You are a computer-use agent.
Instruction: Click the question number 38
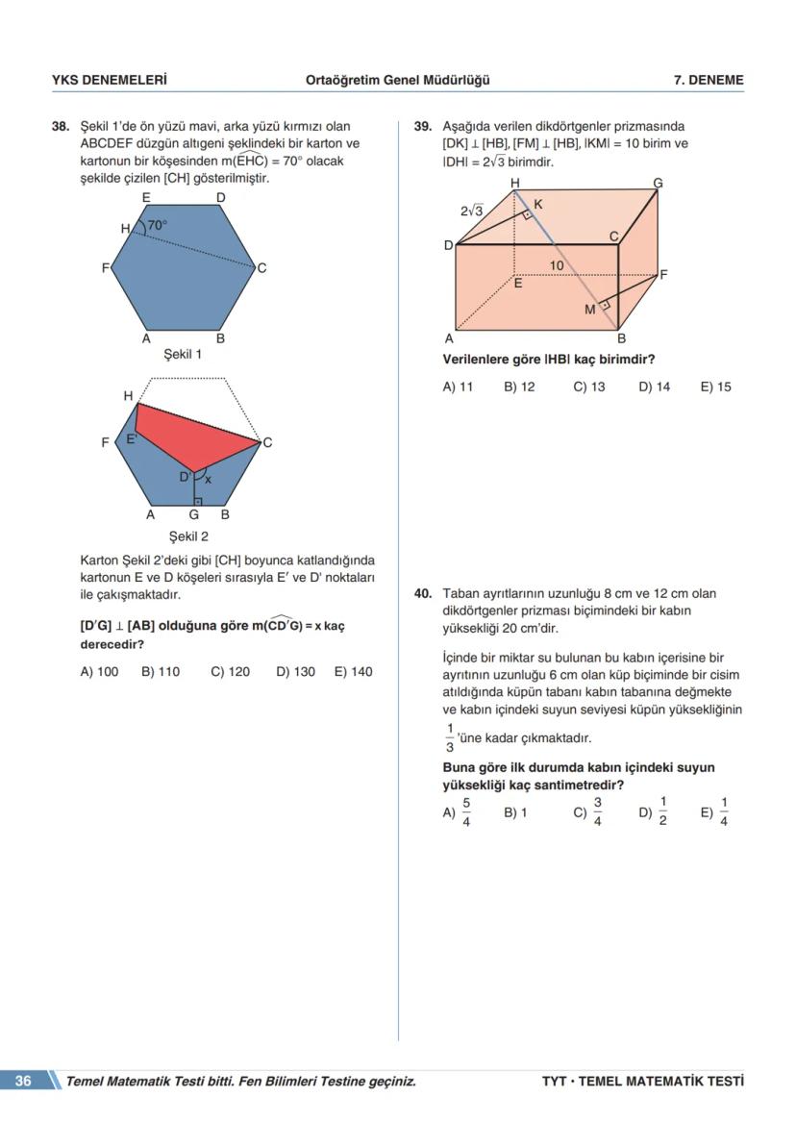point(60,126)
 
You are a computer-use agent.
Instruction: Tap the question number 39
point(422,126)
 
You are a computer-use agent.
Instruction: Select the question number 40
point(422,593)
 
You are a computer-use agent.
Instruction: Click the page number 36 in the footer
point(23,1081)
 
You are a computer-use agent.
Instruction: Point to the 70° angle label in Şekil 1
point(157,224)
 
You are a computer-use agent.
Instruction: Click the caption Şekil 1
point(183,354)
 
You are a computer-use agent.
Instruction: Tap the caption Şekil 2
point(188,536)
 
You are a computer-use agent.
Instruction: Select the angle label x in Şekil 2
point(208,480)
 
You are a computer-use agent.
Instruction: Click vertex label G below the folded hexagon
point(194,514)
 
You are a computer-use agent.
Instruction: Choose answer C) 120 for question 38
point(230,672)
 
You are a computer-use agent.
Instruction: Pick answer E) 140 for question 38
point(353,672)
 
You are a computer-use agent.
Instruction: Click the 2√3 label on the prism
point(471,211)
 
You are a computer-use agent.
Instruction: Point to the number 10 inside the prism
point(557,265)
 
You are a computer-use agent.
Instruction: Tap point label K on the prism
point(537,204)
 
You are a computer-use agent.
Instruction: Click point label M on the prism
point(589,310)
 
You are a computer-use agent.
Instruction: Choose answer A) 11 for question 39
point(458,386)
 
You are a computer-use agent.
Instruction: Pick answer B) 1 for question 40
point(515,812)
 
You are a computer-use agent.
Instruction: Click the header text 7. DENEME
point(709,81)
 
